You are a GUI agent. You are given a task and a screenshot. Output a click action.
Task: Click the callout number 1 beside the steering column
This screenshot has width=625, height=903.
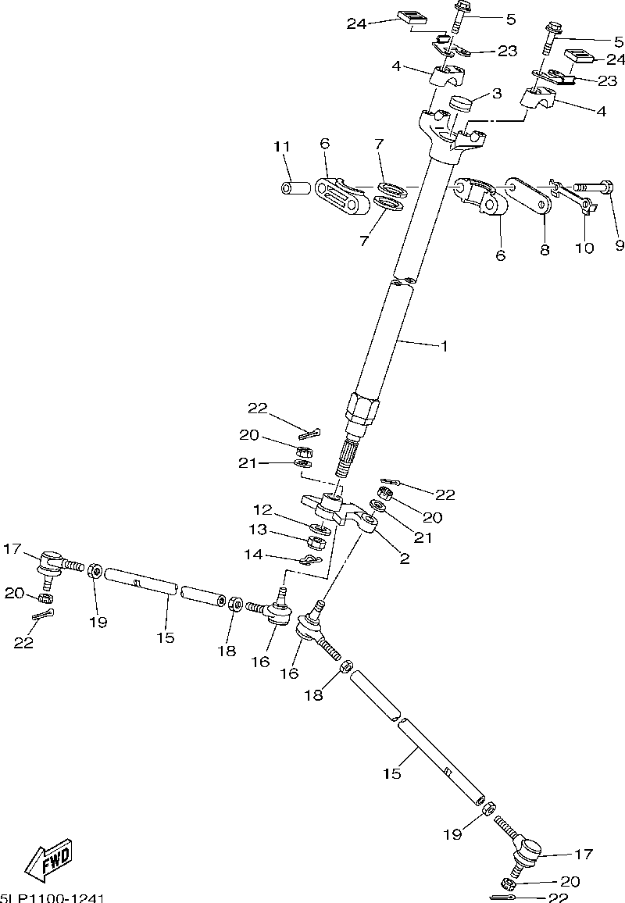[x=444, y=345]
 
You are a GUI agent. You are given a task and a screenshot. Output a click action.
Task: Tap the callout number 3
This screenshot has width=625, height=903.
[x=495, y=94]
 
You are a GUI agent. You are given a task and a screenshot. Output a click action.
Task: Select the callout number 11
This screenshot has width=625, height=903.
[x=281, y=147]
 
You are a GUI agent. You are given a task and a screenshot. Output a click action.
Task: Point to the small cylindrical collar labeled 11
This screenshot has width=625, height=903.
[x=294, y=188]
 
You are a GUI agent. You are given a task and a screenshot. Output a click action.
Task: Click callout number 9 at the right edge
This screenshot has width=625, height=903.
[x=619, y=245]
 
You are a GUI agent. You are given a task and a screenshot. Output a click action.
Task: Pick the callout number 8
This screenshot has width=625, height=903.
[x=545, y=250]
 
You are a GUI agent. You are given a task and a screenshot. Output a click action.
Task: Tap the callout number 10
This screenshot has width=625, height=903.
[x=584, y=248]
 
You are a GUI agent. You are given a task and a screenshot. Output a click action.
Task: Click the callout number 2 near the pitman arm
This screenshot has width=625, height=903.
[x=405, y=558]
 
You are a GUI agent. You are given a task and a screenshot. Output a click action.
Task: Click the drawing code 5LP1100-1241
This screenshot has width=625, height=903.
[x=53, y=898]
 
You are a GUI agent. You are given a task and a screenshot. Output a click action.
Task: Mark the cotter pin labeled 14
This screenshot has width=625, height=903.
[x=310, y=559]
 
